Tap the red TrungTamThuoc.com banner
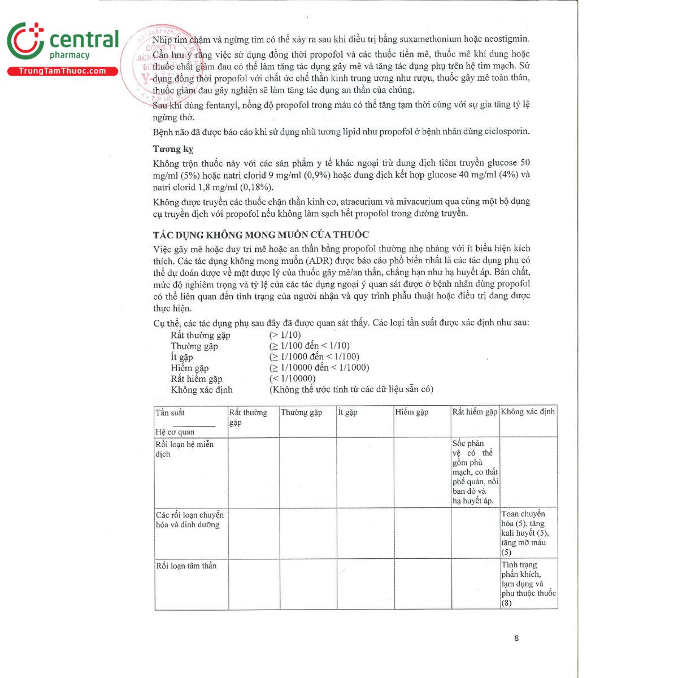[62, 71]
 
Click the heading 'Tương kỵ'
[173, 149]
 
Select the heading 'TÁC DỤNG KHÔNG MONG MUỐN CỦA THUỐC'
[260, 234]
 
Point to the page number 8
[516, 638]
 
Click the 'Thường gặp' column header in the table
[301, 412]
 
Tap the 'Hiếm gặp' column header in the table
[411, 412]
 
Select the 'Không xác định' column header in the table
[528, 412]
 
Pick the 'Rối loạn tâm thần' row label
[186, 566]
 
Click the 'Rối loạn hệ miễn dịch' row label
[184, 449]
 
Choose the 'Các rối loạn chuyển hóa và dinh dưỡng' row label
[189, 520]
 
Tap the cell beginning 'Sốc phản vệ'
[475, 472]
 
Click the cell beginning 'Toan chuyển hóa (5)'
[525, 533]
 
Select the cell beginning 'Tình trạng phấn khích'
[528, 584]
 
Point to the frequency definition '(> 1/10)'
[285, 335]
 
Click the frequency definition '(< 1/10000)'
[292, 379]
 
